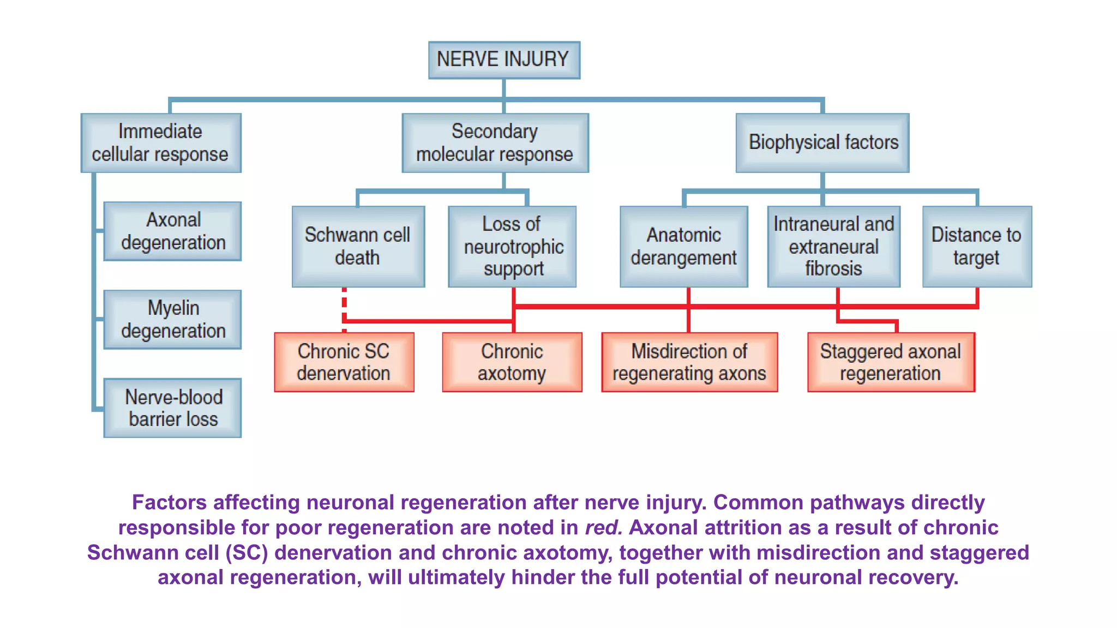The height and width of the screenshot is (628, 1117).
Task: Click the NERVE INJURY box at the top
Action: pos(504,60)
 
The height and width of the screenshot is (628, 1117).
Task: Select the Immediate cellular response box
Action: pos(161,143)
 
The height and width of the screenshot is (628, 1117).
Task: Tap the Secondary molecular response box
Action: pos(495,143)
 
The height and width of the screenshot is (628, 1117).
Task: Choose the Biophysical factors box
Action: pos(822,143)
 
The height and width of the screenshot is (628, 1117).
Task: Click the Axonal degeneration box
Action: pos(172,231)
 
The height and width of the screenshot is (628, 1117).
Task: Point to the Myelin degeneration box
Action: pos(172,319)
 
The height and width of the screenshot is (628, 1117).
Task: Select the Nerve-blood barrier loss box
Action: pos(172,408)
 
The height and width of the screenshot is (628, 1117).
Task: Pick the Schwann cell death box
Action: pos(358,246)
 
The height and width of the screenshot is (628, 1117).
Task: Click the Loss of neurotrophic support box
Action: pos(512,246)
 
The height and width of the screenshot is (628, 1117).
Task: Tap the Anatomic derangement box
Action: pos(684,246)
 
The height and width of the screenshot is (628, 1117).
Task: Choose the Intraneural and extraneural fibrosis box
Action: pos(833,246)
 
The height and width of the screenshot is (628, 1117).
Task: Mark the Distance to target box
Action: pos(977,246)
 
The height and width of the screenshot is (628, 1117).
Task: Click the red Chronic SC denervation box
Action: pos(344,362)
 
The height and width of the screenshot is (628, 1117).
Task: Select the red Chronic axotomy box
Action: pos(512,362)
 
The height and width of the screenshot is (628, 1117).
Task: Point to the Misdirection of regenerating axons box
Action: pos(689,362)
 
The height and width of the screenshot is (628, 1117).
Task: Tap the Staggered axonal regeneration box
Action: pos(891,362)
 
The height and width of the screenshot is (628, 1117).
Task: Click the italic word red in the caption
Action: pos(603,528)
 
